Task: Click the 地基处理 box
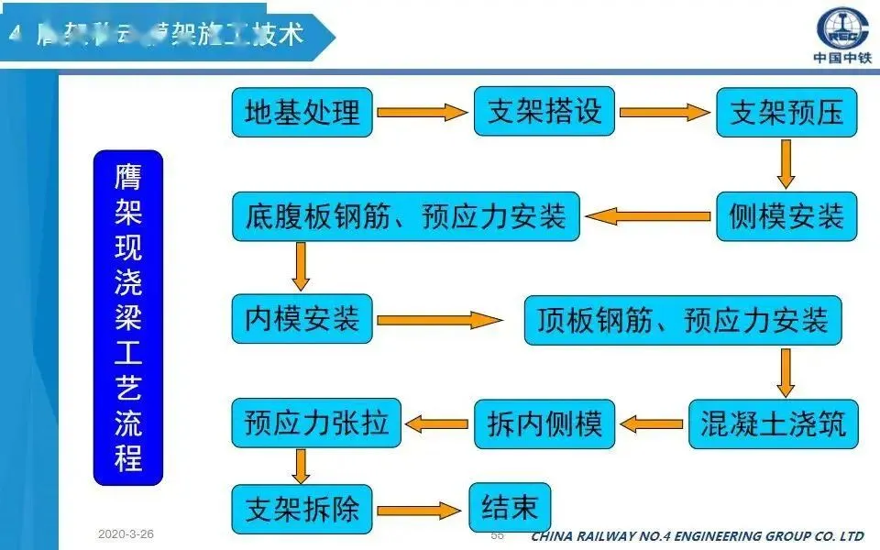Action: click(x=302, y=112)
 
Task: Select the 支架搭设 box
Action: click(x=544, y=111)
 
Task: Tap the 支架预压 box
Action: click(x=786, y=113)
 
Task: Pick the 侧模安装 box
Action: click(x=786, y=217)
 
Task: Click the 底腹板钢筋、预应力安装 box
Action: click(x=405, y=217)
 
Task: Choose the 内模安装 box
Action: click(x=302, y=319)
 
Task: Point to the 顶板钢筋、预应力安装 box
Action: click(x=682, y=320)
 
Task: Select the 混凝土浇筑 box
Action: click(x=772, y=423)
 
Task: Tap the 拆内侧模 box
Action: click(x=544, y=423)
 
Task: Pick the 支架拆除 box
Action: click(x=302, y=508)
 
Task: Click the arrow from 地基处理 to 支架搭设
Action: click(x=423, y=112)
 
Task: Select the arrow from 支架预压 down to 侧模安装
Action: click(x=786, y=164)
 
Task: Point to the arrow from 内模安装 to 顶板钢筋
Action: click(x=440, y=320)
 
